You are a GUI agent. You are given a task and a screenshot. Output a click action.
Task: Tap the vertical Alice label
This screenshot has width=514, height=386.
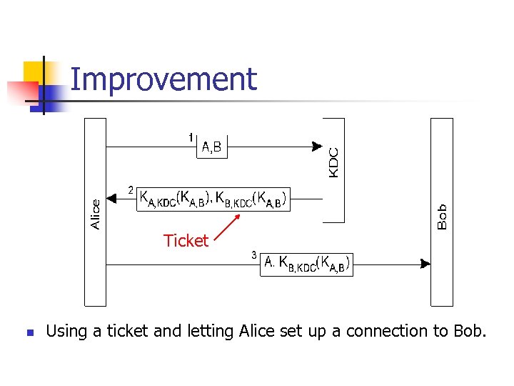pyautogui.click(x=96, y=214)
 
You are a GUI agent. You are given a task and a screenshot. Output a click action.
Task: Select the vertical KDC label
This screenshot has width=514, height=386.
pyautogui.click(x=333, y=162)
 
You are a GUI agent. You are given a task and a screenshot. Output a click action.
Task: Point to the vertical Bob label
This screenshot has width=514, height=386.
pyautogui.click(x=442, y=216)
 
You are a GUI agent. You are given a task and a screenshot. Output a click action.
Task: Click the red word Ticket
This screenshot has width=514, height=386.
pyautogui.click(x=186, y=241)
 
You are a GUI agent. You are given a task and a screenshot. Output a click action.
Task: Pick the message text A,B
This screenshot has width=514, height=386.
pyautogui.click(x=212, y=148)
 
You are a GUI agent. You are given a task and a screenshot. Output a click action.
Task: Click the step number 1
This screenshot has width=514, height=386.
pyautogui.click(x=191, y=137)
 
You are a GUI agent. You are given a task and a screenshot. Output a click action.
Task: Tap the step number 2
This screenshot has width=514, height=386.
pyautogui.click(x=130, y=190)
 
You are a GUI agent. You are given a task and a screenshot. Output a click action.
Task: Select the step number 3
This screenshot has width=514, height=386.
pyautogui.click(x=253, y=255)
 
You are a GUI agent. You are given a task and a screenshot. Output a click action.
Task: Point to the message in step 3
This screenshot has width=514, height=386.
pyautogui.click(x=307, y=264)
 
